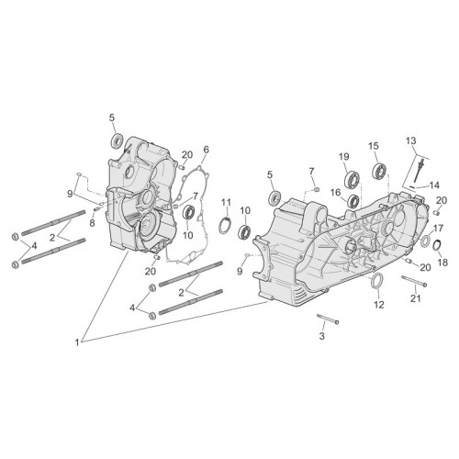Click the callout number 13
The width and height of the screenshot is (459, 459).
coord(411,141)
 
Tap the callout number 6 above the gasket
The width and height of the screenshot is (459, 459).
coord(206,150)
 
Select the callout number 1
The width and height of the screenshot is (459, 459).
coord(77,342)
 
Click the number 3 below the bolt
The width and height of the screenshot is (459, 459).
coord(321,336)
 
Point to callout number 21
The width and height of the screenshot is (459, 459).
coord(416,298)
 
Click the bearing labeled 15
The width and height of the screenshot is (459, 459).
coord(380,170)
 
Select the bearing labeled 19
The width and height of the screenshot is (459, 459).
coord(353,180)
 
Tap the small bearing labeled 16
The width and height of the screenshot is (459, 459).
coord(354,201)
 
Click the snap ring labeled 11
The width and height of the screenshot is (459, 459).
coord(226,226)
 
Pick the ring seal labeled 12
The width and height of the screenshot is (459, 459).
coord(376,281)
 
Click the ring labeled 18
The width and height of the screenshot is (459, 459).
coord(437,246)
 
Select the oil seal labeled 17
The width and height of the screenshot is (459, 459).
coord(425,241)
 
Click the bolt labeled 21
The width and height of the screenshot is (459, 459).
coord(414,281)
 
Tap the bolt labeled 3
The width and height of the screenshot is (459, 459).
coord(328,319)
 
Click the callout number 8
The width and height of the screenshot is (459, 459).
coord(92,223)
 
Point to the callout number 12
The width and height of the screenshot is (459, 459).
coord(379,304)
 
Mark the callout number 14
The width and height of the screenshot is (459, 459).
coord(434,185)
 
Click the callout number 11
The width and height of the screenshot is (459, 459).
coord(226,202)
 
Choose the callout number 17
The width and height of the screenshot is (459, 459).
coord(438,229)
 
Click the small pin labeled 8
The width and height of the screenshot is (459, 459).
coord(96,209)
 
